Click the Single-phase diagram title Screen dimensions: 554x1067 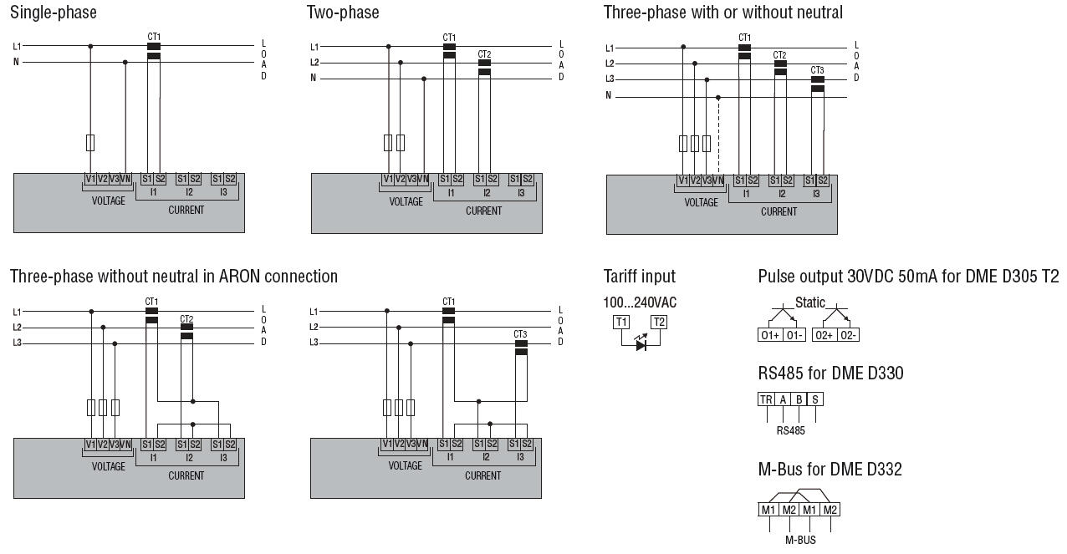(53, 13)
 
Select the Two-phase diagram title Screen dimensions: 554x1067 (343, 13)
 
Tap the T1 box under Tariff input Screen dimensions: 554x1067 (621, 323)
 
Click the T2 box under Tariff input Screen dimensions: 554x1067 (659, 323)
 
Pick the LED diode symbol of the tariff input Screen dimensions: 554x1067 (641, 343)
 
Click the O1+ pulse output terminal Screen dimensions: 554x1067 (769, 335)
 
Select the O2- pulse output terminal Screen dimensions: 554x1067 (848, 335)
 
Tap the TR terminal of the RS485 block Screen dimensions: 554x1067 (766, 399)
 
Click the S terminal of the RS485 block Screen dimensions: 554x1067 (814, 399)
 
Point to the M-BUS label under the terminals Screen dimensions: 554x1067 (800, 540)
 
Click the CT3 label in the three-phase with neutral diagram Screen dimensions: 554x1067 (817, 70)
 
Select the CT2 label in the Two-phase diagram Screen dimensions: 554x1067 (484, 54)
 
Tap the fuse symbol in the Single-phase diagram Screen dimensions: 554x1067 (90, 142)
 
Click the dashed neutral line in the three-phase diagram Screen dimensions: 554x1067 (718, 134)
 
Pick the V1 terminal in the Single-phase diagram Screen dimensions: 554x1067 (90, 179)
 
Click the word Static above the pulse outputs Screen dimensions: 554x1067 (809, 302)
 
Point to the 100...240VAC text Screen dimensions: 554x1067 (640, 302)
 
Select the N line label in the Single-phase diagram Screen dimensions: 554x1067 (15, 62)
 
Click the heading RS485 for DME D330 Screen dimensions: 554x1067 (830, 374)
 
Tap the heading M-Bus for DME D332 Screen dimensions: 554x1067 (830, 470)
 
